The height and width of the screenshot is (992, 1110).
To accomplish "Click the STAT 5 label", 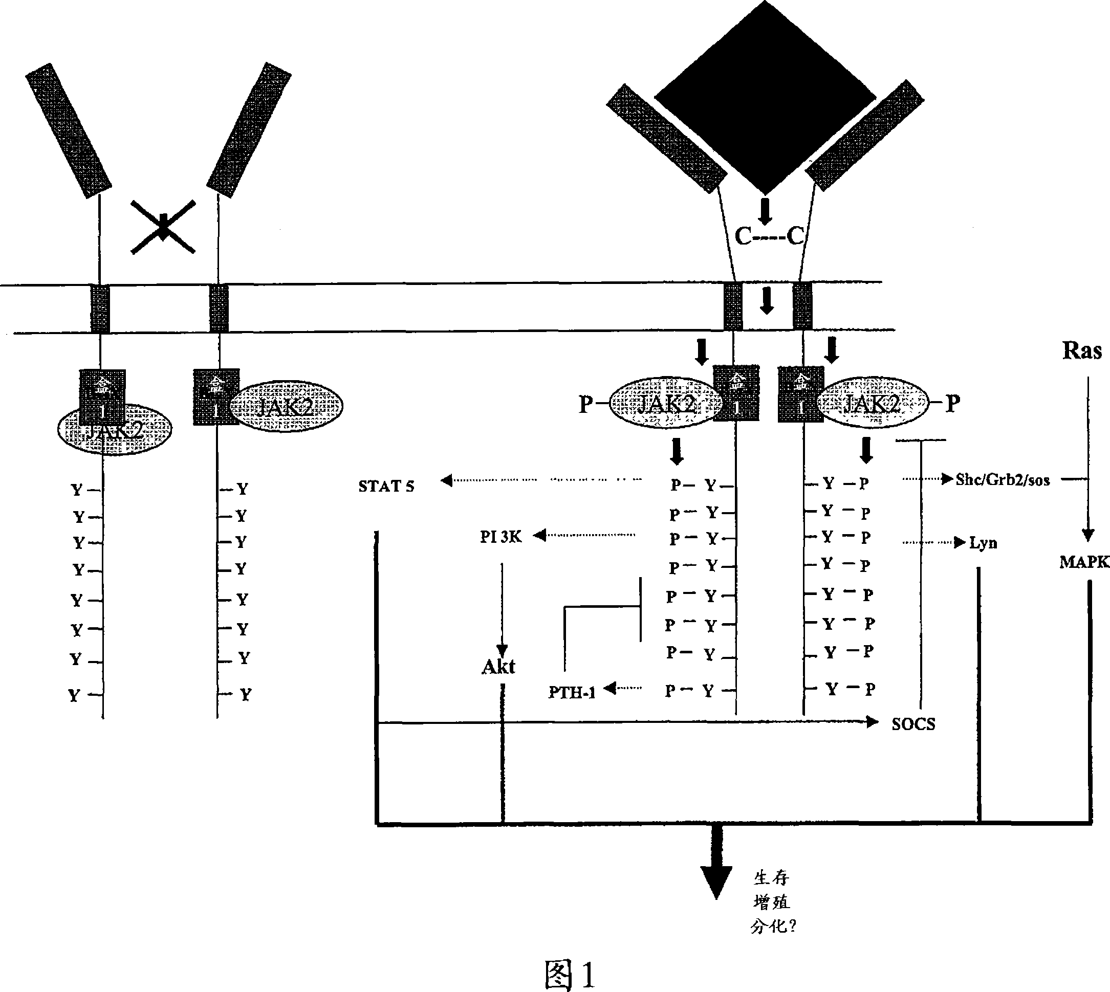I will pyautogui.click(x=386, y=486).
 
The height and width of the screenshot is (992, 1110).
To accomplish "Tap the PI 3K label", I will pyautogui.click(x=500, y=537).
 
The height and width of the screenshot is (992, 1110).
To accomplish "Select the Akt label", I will pyautogui.click(x=498, y=667).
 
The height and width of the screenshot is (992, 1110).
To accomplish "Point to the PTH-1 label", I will pyautogui.click(x=571, y=692).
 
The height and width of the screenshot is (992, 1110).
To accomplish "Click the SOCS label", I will pyautogui.click(x=913, y=724).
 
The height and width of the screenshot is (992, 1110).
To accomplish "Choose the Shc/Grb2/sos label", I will pyautogui.click(x=1003, y=480).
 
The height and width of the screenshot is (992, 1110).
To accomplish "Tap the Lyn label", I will pyautogui.click(x=983, y=543).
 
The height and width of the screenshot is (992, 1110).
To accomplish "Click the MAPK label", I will pyautogui.click(x=1084, y=562).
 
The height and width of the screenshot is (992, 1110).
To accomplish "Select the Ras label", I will pyautogui.click(x=1082, y=350).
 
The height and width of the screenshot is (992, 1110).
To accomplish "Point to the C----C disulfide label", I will pyautogui.click(x=769, y=236).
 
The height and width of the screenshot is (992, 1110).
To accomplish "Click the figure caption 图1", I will pyautogui.click(x=570, y=974).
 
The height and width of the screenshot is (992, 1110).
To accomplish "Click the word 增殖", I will pyautogui.click(x=771, y=902).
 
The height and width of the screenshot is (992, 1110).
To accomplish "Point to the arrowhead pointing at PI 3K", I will pyautogui.click(x=539, y=535).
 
